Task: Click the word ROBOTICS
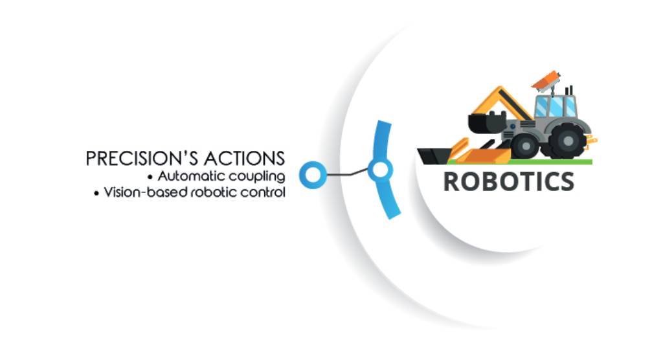(509, 182)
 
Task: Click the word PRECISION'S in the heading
(142, 159)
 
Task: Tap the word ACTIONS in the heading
(244, 159)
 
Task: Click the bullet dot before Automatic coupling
(150, 177)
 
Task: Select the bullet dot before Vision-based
(96, 194)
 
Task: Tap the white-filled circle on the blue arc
(380, 170)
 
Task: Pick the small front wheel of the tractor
(526, 146)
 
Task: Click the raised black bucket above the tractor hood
(487, 122)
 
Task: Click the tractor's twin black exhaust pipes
(569, 91)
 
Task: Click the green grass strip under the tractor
(520, 162)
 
